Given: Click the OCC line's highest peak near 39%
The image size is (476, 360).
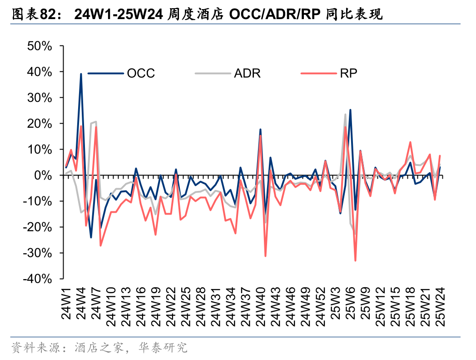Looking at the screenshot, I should (81, 74).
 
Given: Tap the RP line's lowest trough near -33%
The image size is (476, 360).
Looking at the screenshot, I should (355, 260).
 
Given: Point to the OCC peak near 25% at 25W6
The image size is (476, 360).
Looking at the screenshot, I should (350, 110).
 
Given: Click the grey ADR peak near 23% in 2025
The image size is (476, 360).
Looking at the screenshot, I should (345, 115).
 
